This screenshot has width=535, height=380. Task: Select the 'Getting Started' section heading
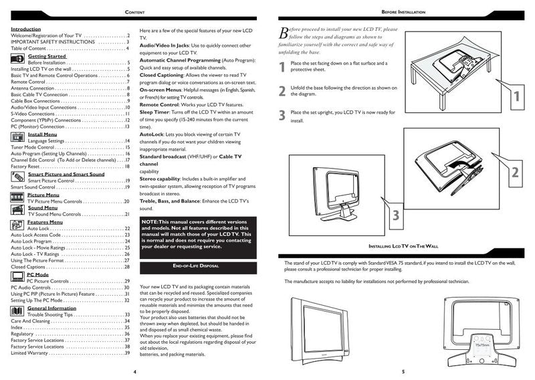click(x=47, y=56)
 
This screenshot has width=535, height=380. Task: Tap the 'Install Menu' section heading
click(x=41, y=134)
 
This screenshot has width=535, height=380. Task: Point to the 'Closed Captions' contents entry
click(x=29, y=266)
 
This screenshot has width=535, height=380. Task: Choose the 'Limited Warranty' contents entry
click(x=31, y=353)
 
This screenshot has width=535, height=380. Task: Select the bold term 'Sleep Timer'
click(x=156, y=112)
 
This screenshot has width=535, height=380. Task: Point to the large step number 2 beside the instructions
click(x=282, y=91)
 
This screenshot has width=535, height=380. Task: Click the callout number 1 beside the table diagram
click(x=514, y=97)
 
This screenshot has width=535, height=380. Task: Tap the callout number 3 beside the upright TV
click(x=395, y=215)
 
